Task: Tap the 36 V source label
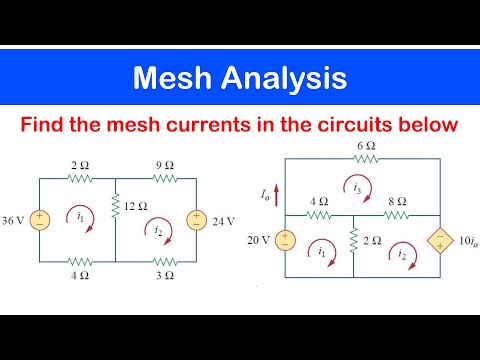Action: point(15,218)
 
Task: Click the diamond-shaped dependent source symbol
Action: point(438,241)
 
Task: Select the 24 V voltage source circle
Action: point(196,219)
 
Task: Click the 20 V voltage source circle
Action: point(286,240)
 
